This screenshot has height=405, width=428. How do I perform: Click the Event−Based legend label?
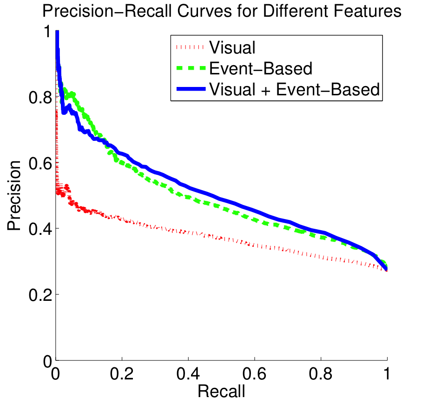pos(260,68)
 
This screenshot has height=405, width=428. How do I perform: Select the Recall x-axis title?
pos(221,392)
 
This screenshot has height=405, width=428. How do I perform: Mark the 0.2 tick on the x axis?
pos(122,375)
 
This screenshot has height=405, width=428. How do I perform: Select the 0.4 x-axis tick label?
pos(188,375)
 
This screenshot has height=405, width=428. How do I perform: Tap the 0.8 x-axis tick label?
pos(321,375)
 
